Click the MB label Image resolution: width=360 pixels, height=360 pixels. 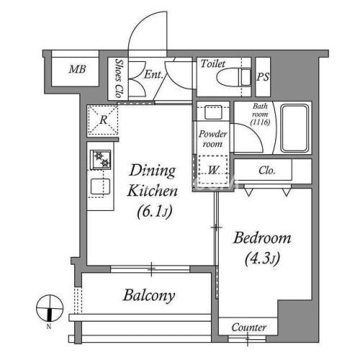tap(77, 69)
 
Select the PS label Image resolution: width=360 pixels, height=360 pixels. tap(263, 77)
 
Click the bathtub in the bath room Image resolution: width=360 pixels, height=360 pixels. tap(294, 128)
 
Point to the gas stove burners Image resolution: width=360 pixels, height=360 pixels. tap(101, 160)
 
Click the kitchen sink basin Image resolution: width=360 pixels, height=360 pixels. tap(100, 186)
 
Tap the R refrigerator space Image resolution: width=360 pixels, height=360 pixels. tap(103, 120)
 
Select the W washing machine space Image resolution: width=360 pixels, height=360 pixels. tap(212, 170)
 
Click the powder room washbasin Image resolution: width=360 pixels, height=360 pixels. tap(213, 112)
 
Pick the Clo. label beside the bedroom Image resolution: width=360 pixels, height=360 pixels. tap(266, 171)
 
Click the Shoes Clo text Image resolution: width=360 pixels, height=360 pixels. tap(119, 78)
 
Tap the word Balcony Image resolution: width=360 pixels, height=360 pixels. tap(149, 295)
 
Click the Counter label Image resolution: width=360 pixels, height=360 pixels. tap(249, 328)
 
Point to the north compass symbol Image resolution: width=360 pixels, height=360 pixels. tap(50, 308)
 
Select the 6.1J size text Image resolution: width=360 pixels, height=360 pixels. tap(155, 212)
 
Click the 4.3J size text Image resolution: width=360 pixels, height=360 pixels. tap(262, 258)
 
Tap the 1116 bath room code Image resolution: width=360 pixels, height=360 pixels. tap(260, 122)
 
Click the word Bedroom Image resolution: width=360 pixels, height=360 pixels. tap(262, 238)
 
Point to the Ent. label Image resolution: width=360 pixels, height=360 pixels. tap(153, 74)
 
